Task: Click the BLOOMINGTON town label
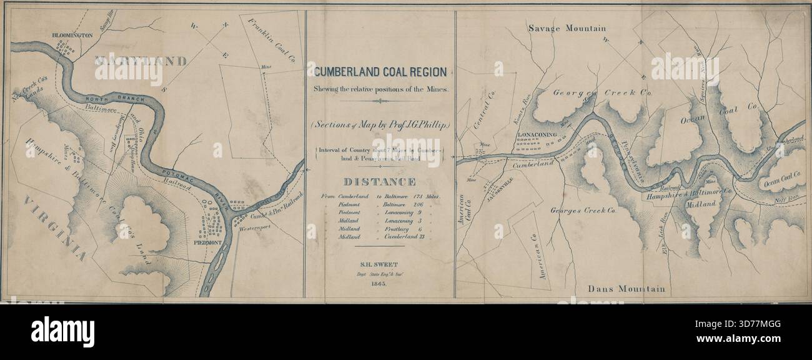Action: pyautogui.click(x=72, y=35)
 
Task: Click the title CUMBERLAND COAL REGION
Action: pyautogui.click(x=380, y=72)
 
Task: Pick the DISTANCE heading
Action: pyautogui.click(x=380, y=182)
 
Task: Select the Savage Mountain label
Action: pyautogui.click(x=567, y=28)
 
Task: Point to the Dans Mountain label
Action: pyautogui.click(x=626, y=289)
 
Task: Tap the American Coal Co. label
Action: pyautogui.click(x=463, y=209)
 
